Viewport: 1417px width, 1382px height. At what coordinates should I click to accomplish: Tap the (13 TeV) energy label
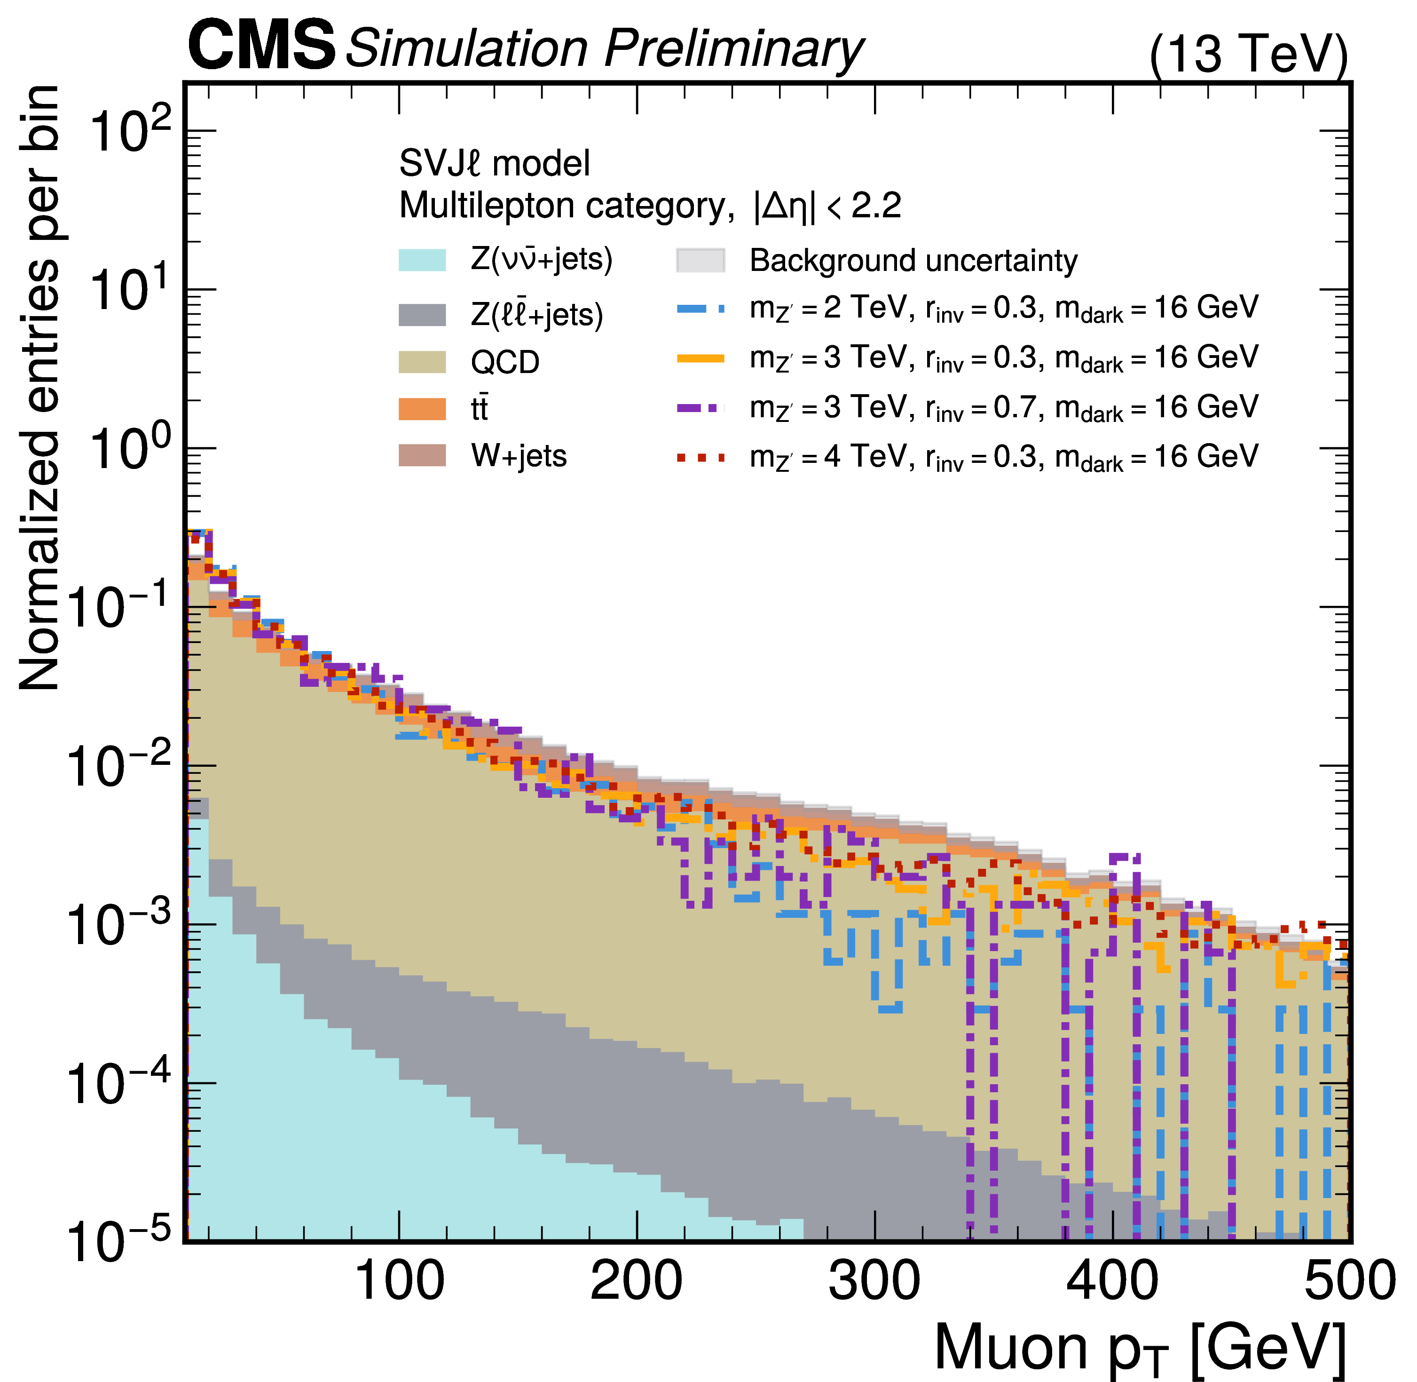pos(1248,55)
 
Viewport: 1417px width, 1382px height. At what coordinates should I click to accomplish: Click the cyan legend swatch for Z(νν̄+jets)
pos(422,260)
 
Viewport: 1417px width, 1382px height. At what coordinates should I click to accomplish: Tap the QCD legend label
pos(505,361)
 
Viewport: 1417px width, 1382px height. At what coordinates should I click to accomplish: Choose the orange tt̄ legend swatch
pos(422,409)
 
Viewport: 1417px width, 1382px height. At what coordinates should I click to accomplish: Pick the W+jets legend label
pos(519,456)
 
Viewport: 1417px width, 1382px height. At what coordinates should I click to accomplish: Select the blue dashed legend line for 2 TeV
pos(700,309)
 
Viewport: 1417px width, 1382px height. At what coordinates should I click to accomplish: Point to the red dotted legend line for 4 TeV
pos(700,457)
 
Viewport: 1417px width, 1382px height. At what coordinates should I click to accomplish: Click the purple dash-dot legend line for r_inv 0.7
pos(700,408)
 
